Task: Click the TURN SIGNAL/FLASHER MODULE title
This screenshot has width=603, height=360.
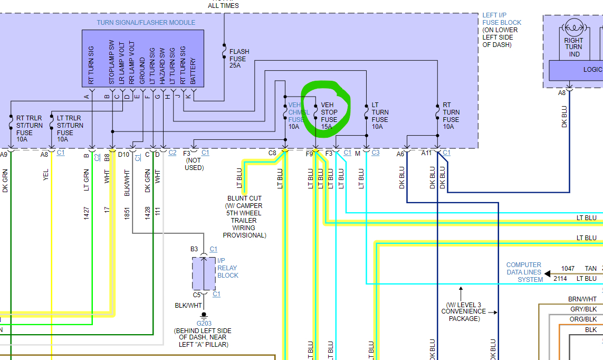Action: (146, 23)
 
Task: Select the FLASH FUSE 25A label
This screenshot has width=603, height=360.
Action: (239, 59)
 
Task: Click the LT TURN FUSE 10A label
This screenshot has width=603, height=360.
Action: (380, 116)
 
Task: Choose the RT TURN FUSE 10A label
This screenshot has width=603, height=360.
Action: (451, 116)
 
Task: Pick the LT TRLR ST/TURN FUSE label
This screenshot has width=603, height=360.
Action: (70, 129)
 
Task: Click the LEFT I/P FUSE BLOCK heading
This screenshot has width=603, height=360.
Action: (501, 30)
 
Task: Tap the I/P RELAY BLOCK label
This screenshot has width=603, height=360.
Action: (228, 268)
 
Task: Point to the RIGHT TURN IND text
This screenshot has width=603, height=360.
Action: (574, 47)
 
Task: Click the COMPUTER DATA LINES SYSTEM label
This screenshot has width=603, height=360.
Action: (524, 272)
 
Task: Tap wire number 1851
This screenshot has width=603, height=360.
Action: (127, 212)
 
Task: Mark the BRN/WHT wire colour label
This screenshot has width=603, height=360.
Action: (582, 299)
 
